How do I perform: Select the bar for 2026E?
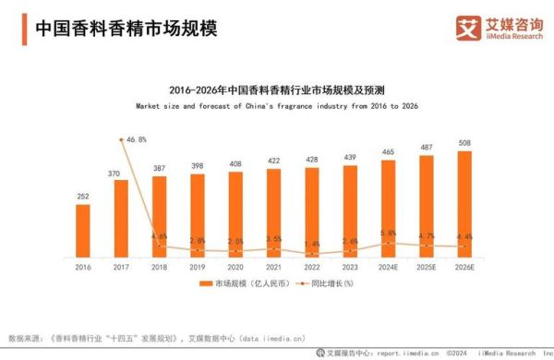coord(464,203)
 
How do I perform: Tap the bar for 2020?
coord(235,213)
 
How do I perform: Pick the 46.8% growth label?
coord(136,139)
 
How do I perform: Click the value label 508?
coord(464,143)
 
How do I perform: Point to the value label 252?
coord(83,197)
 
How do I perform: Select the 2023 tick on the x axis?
coord(350,266)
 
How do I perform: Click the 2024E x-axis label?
coord(388,266)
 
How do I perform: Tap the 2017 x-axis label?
coord(121,266)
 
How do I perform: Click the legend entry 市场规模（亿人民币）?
coord(242,282)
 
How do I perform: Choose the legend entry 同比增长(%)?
coord(323,282)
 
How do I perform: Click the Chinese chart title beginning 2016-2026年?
coord(277,90)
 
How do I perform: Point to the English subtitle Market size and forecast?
coord(277,106)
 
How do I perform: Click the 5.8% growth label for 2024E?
coord(388,233)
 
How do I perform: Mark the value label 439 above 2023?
coord(350,158)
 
